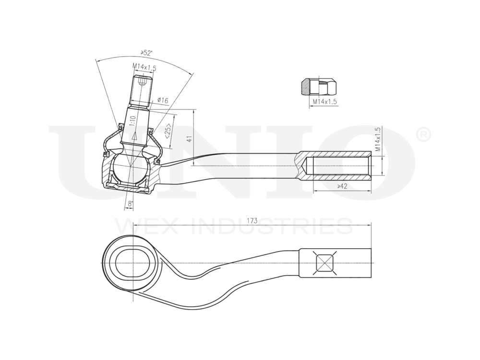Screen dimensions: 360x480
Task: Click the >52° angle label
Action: coord(146,53)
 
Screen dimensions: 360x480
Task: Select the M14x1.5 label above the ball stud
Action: coord(144,68)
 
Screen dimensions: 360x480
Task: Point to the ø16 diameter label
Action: coord(162,101)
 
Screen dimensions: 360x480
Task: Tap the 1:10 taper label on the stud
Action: coord(132,120)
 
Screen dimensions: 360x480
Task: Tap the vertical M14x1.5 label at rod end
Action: coord(378,139)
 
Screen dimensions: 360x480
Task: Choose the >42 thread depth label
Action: coord(342,186)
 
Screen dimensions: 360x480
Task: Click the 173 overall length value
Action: coord(252,221)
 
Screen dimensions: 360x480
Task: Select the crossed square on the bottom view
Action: coord(324,263)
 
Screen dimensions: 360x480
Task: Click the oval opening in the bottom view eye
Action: coord(133,263)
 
